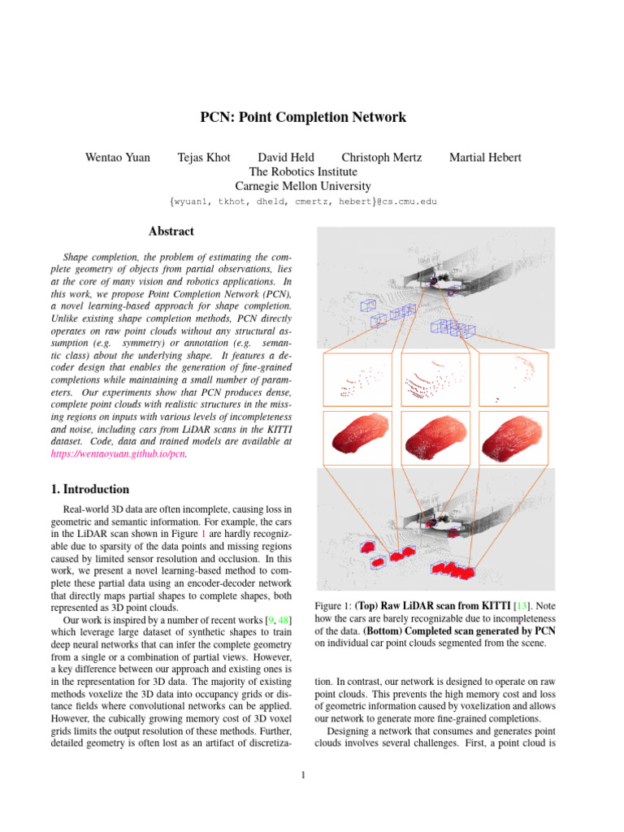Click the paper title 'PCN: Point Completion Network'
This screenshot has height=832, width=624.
click(x=303, y=117)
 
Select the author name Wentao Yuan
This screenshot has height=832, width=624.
click(x=118, y=158)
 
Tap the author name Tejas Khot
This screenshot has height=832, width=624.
click(x=203, y=158)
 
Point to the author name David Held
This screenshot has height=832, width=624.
click(x=285, y=158)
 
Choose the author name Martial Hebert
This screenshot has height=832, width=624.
click(x=485, y=158)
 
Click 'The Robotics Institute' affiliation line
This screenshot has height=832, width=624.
click(x=303, y=172)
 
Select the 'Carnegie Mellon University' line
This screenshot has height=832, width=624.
click(x=303, y=186)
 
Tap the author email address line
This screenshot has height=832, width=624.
click(x=303, y=201)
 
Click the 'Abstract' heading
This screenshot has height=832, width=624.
click(x=171, y=232)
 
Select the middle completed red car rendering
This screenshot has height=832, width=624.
click(x=435, y=437)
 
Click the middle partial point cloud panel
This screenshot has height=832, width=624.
click(x=435, y=379)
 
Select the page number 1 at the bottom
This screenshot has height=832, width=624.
click(x=303, y=774)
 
